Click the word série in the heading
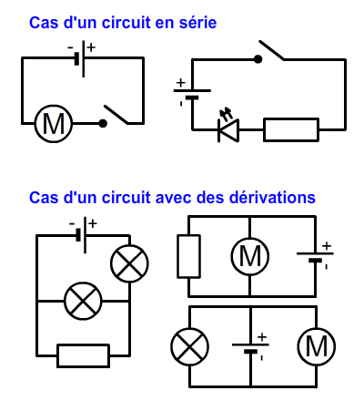click(x=197, y=23)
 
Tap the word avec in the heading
click(x=174, y=198)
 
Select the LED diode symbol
click(x=228, y=127)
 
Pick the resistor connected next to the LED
click(x=291, y=129)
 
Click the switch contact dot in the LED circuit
click(x=258, y=59)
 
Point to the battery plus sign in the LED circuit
click(x=180, y=83)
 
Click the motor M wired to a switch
click(x=54, y=124)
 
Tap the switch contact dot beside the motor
click(x=103, y=123)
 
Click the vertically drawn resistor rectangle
click(x=188, y=256)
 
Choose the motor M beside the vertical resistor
click(x=250, y=256)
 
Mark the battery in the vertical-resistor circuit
click(x=316, y=257)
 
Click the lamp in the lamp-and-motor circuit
click(x=190, y=346)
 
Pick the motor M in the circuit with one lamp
click(x=317, y=346)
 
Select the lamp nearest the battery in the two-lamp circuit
click(x=129, y=263)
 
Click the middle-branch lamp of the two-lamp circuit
click(x=83, y=301)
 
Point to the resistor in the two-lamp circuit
click(x=84, y=355)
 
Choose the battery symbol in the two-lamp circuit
click(x=83, y=235)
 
